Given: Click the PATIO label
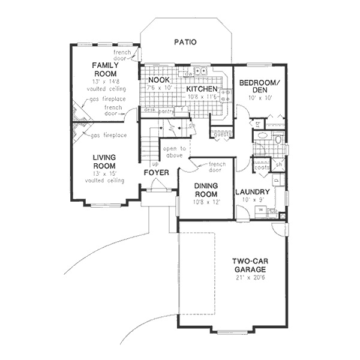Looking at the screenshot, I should tap(185, 42).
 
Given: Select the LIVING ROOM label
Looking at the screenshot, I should tap(104, 162).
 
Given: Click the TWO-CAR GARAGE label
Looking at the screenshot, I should tap(250, 265).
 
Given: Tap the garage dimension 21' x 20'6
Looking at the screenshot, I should tap(250, 278).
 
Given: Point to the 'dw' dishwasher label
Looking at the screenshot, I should tap(188, 74).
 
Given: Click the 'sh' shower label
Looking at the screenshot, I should tap(279, 164).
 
